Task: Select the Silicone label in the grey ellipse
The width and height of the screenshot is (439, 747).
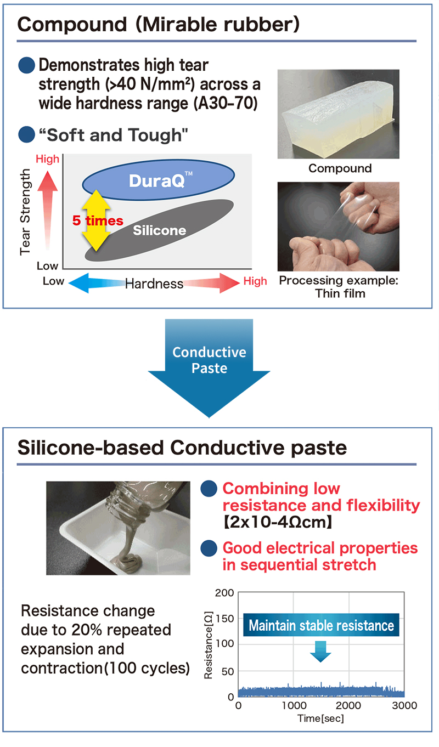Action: coord(159,230)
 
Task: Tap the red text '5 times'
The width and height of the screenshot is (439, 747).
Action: coord(98,220)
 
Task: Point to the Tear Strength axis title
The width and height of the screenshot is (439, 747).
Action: coord(25,212)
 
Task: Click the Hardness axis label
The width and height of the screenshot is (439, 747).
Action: coord(154,284)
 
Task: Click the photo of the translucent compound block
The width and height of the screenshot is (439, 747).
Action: coord(338,114)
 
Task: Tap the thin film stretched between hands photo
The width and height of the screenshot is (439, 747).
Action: coord(338,227)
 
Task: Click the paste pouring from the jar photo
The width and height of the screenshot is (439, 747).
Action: coord(118,528)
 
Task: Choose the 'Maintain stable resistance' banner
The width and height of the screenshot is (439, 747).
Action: coord(321,625)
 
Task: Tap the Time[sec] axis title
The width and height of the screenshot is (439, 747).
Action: coord(321,718)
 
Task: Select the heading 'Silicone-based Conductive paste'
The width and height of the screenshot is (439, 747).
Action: coord(182,447)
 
